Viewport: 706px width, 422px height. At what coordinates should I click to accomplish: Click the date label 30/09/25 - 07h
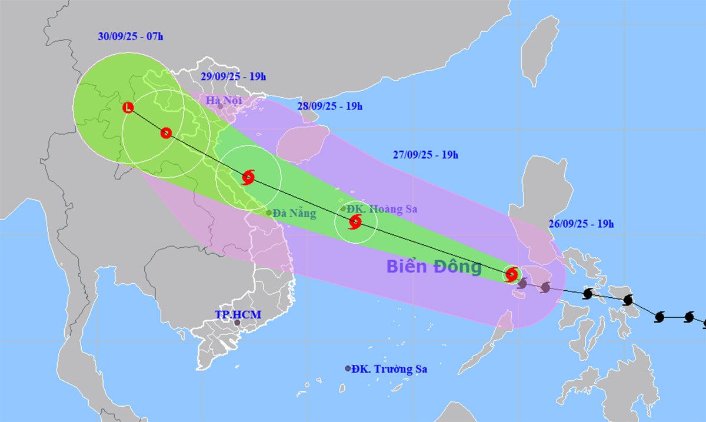[x=131, y=36]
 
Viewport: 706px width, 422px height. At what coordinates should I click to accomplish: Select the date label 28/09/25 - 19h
[x=329, y=107]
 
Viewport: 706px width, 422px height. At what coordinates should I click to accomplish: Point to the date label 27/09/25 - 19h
[x=425, y=155]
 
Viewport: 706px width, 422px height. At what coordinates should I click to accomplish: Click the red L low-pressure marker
[x=128, y=107]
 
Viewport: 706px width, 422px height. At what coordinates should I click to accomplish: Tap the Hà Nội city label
[x=224, y=101]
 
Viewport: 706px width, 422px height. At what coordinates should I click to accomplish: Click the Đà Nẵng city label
[x=295, y=213]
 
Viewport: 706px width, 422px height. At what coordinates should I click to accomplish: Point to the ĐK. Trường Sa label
[x=389, y=369]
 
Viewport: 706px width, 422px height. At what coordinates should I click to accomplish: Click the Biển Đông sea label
[x=434, y=267]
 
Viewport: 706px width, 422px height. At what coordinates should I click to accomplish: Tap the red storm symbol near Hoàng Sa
[x=355, y=222]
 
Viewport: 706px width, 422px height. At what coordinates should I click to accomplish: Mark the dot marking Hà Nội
[x=220, y=107]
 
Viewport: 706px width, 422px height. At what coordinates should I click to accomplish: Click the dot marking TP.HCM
[x=237, y=323]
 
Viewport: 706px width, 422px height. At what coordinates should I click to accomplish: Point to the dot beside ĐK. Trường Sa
[x=348, y=368]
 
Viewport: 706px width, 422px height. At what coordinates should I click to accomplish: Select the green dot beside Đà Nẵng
[x=269, y=213]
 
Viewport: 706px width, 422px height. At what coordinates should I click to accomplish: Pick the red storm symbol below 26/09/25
[x=512, y=274]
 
